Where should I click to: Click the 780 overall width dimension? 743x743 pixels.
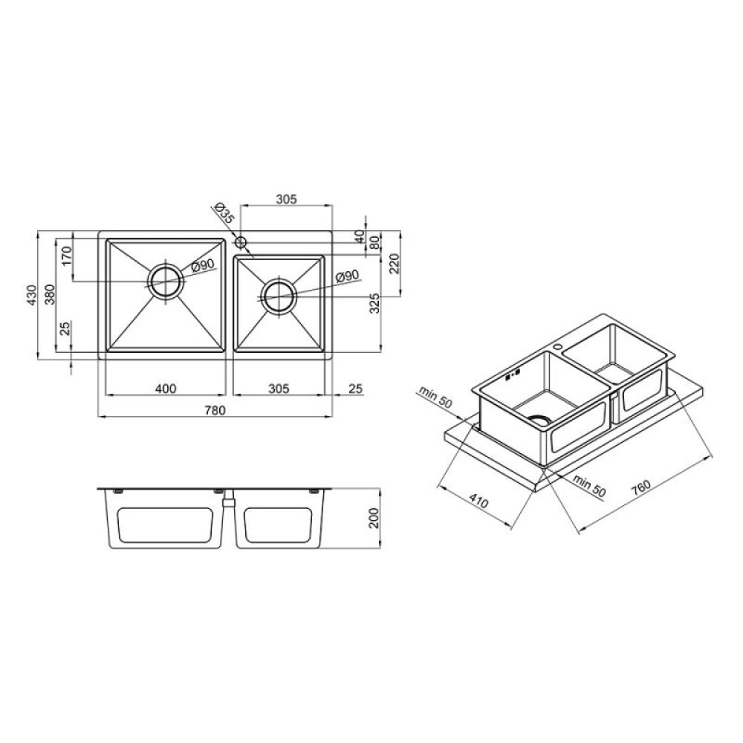click(215, 410)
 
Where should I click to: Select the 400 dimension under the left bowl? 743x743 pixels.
click(166, 389)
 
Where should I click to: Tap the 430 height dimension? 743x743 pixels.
click(31, 295)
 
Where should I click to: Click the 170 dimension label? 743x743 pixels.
click(66, 256)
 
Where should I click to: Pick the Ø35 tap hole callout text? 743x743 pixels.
click(224, 212)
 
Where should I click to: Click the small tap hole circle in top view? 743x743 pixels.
click(241, 243)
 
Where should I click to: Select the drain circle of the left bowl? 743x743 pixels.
click(166, 282)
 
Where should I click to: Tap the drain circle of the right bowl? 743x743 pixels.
click(279, 296)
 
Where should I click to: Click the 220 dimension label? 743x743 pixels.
click(395, 264)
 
